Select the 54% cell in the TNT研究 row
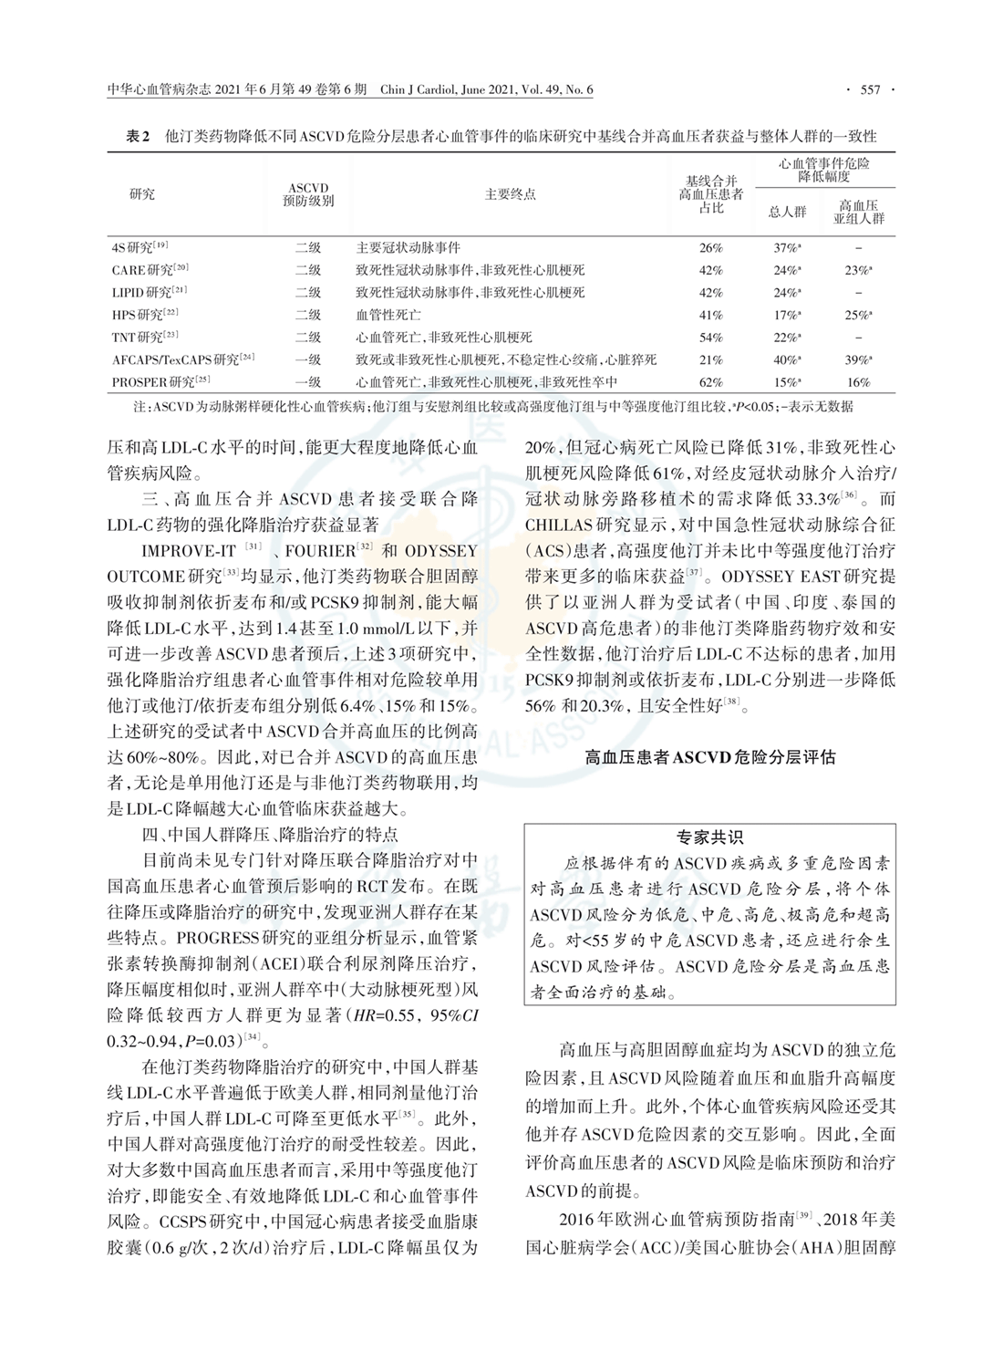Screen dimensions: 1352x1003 710,338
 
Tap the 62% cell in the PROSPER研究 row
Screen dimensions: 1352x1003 710,382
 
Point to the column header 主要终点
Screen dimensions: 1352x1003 510,194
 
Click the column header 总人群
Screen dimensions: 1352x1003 788,213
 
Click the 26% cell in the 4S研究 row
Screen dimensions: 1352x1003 710,247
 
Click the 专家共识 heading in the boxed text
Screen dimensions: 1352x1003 709,837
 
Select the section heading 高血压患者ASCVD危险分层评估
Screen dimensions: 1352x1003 709,757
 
